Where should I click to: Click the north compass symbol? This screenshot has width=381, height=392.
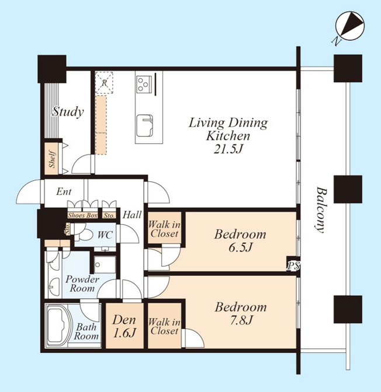(x=349, y=26)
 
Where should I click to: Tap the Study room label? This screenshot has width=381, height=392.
(x=68, y=112)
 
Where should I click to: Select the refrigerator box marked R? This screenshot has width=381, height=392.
(x=104, y=83)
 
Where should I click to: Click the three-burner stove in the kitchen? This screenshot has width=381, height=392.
(x=144, y=83)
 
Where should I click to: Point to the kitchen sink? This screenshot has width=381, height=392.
(x=144, y=125)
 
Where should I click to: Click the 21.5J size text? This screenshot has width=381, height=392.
(x=228, y=149)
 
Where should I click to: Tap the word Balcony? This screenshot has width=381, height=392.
(x=321, y=209)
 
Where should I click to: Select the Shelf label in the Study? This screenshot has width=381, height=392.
(x=52, y=159)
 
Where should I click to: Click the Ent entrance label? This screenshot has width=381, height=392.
(x=64, y=192)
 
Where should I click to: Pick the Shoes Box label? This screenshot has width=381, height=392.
(x=82, y=215)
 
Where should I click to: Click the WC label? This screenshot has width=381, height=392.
(x=105, y=235)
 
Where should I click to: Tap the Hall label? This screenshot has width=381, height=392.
(x=132, y=215)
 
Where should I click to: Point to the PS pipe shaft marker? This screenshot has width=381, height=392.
(x=293, y=266)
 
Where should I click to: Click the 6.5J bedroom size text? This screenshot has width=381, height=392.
(x=240, y=247)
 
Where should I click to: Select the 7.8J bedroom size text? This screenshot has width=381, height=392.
(x=241, y=320)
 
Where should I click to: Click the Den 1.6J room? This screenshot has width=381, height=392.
(x=124, y=325)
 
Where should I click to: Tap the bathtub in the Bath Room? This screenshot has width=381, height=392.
(x=59, y=325)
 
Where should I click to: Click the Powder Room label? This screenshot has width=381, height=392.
(x=82, y=283)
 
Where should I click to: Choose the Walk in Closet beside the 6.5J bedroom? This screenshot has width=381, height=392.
(x=164, y=228)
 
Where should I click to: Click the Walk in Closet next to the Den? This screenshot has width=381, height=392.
(x=164, y=325)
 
